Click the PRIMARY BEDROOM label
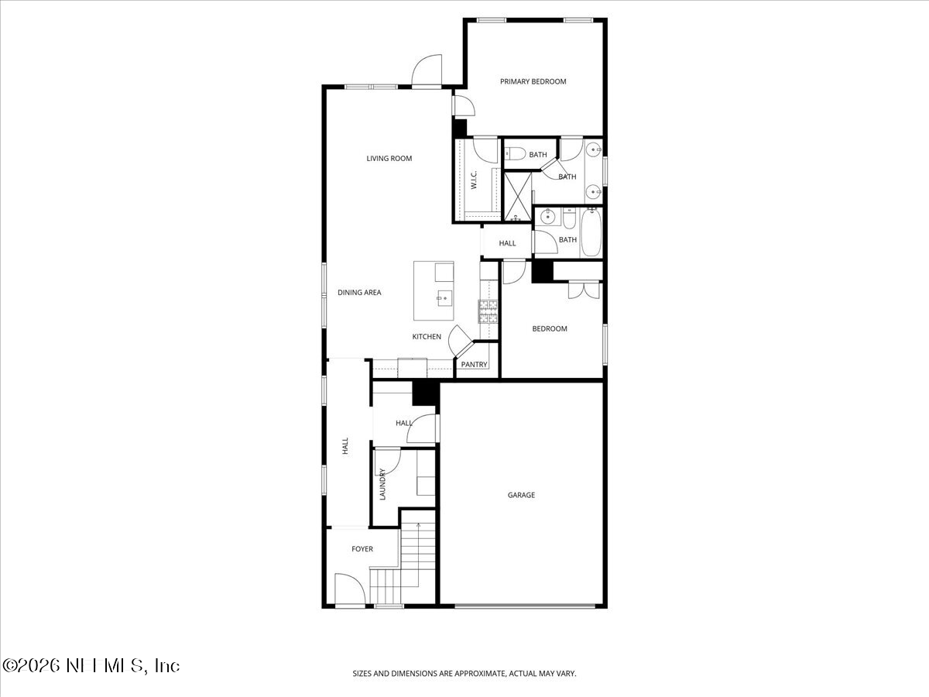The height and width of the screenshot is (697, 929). pos(533,81)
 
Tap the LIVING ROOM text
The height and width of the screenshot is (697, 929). pos(389,159)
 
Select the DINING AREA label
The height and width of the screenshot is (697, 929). pos(359,293)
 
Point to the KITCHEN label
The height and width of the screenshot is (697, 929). pos(427,337)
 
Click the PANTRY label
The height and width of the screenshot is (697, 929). pos(474,365)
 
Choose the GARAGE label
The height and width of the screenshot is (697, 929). pos(521,495)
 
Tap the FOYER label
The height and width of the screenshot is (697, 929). pos(362,549)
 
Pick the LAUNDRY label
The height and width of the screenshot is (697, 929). pos(382,485)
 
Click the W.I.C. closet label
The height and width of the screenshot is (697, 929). pos(474,181)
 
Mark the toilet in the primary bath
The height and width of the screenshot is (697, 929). pos(517,153)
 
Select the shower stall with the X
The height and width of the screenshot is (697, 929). pos(517,197)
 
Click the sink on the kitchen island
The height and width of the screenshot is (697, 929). pos(444,295)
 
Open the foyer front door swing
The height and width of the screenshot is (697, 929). pos(348,589)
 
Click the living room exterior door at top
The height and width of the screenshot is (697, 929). pos(427,71)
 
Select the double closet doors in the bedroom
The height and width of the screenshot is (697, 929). pos(583,290)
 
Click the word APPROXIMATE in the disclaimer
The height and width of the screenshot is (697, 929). pos(479,674)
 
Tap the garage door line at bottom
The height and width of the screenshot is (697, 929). pos(526,605)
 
